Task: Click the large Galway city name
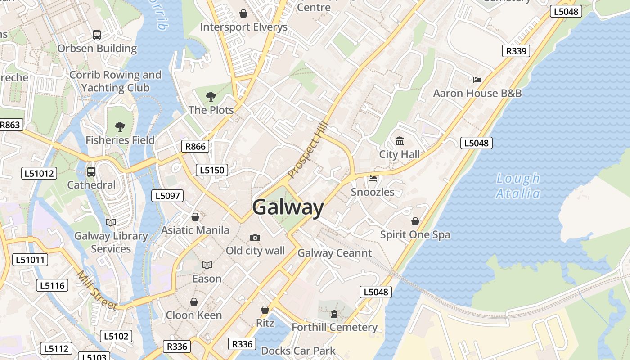pos(288,207)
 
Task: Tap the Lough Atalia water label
pos(518,186)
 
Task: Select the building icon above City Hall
pos(400,141)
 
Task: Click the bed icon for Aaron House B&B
pos(477,80)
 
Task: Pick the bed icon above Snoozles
pos(373,179)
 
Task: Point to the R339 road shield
pos(516,51)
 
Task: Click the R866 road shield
pos(195,146)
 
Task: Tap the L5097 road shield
pos(167,195)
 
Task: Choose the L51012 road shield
pos(40,173)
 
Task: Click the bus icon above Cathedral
pos(91,171)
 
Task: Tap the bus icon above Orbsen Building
pos(97,35)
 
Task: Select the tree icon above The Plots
pos(211,96)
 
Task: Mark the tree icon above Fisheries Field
pos(120,126)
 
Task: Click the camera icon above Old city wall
pos(255,238)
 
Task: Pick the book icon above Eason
pos(207,265)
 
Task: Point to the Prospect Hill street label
pos(309,150)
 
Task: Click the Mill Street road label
pos(97,290)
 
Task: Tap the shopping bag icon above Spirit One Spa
pos(415,221)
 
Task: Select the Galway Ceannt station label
pos(335,253)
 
